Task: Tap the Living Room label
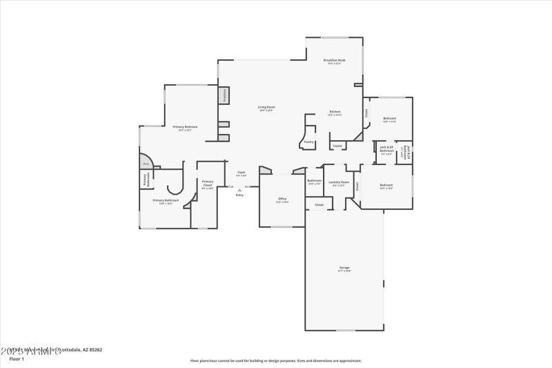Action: point(266,108)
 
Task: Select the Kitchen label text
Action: point(335,113)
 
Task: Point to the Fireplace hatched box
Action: point(224,95)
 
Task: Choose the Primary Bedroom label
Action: point(185,128)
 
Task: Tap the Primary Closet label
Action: point(208,184)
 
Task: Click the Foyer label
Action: point(241,173)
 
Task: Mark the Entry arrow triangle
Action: point(239,189)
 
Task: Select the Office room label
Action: point(282,200)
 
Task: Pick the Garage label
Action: point(344,269)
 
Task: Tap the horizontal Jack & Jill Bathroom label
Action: point(386,149)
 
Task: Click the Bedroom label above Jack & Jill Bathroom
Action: point(389,119)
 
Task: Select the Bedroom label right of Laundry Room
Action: point(386,186)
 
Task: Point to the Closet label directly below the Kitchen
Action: point(337,146)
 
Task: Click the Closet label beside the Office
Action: point(319,205)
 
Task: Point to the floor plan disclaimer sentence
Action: point(276,360)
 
